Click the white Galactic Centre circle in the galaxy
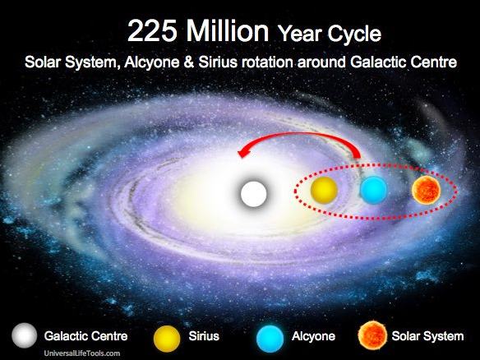pos(253,194)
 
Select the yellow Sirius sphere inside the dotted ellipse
pos(324,190)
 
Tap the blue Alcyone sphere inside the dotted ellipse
pos(373,190)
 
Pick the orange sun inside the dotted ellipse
pos(426,190)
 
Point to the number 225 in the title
pos(152,31)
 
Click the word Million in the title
pos(228,30)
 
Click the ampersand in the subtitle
pos(189,62)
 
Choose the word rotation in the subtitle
pos(268,62)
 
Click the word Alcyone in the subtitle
pos(152,62)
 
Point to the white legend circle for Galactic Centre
pos(25,335)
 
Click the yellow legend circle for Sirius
pos(167,339)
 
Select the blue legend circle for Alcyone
pos(270,339)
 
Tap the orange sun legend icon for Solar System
pos(372,335)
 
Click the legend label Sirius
pos(204,336)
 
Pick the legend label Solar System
pos(428,336)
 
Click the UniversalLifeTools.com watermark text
pos(82,353)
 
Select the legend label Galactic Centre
pos(85,336)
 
